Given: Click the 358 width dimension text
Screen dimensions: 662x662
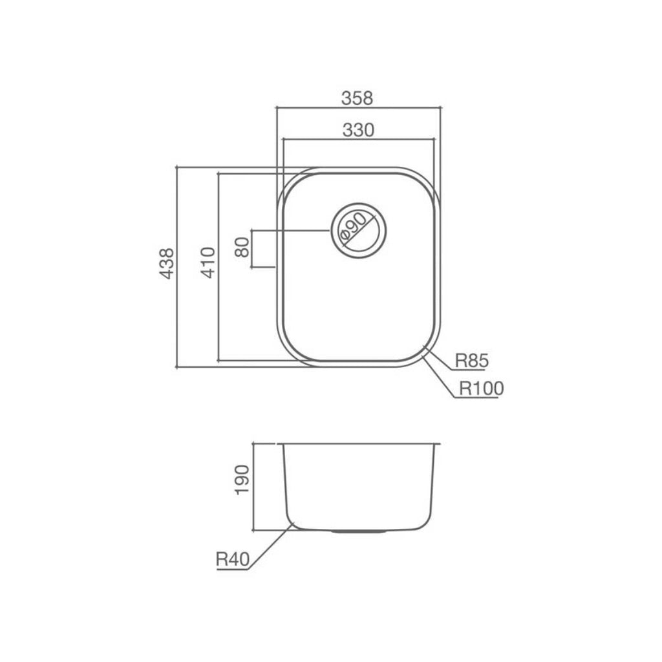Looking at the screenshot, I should [x=358, y=98].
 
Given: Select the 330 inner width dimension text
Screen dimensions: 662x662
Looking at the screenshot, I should [x=358, y=130].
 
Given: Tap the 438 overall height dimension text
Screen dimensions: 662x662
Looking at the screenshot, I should [x=167, y=263].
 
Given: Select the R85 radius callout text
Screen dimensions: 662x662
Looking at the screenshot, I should [x=470, y=361].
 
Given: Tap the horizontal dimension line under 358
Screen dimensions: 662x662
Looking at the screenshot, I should [x=358, y=108].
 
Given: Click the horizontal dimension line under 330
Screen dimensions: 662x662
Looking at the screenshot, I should [x=358, y=140].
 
